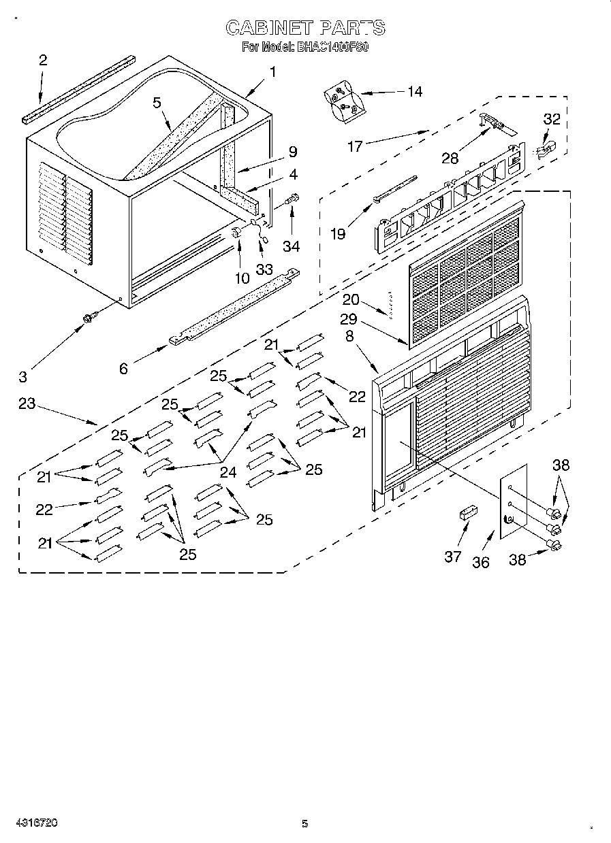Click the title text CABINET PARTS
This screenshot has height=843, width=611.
tap(305, 28)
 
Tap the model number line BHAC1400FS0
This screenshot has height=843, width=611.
tap(305, 48)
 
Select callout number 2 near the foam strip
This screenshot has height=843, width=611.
tap(43, 61)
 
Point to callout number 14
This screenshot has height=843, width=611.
tap(413, 91)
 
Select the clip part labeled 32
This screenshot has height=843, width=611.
tap(545, 148)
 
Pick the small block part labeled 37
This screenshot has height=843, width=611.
tap(467, 512)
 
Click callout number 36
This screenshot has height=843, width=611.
tap(481, 562)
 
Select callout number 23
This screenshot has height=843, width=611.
tap(27, 403)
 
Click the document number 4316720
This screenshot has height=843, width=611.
tap(34, 823)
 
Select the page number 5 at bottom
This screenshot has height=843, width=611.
tap(305, 823)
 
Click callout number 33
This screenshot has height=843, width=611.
tap(264, 268)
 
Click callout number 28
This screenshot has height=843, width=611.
tap(450, 159)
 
